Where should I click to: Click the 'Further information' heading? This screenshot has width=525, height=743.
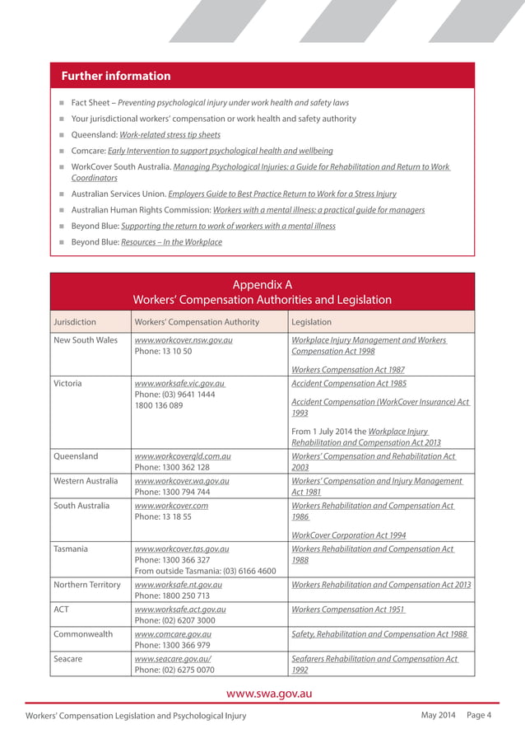[116, 76]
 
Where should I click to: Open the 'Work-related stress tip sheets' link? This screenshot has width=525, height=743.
[170, 134]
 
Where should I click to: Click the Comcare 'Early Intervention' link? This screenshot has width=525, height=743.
[226, 151]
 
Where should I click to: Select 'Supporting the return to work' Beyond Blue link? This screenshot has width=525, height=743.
[228, 226]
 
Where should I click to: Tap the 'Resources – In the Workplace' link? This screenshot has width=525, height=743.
[171, 242]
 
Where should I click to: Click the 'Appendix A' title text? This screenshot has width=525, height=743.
[262, 284]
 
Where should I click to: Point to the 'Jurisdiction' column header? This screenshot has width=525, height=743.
[75, 322]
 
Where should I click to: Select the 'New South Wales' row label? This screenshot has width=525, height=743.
[86, 340]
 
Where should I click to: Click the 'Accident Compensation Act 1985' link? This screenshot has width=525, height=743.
[349, 383]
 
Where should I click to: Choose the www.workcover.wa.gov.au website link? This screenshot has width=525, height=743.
[181, 481]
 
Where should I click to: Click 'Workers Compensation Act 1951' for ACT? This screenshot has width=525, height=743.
[348, 610]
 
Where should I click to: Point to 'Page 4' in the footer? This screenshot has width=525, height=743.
[479, 714]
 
